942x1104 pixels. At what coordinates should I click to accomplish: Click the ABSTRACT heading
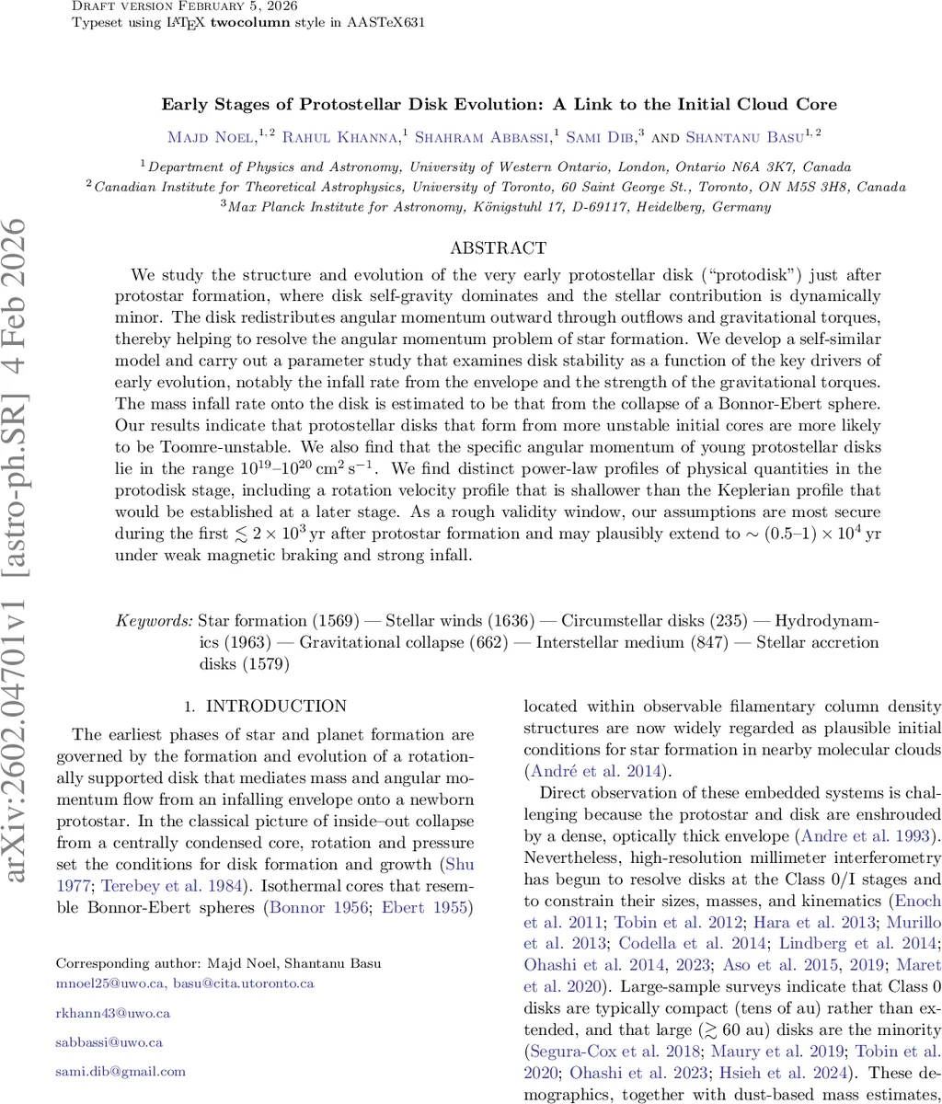pyautogui.click(x=498, y=248)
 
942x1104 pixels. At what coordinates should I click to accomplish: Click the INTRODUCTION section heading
pyautogui.click(x=276, y=707)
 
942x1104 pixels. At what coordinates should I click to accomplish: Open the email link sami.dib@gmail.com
pyautogui.click(x=121, y=1071)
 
